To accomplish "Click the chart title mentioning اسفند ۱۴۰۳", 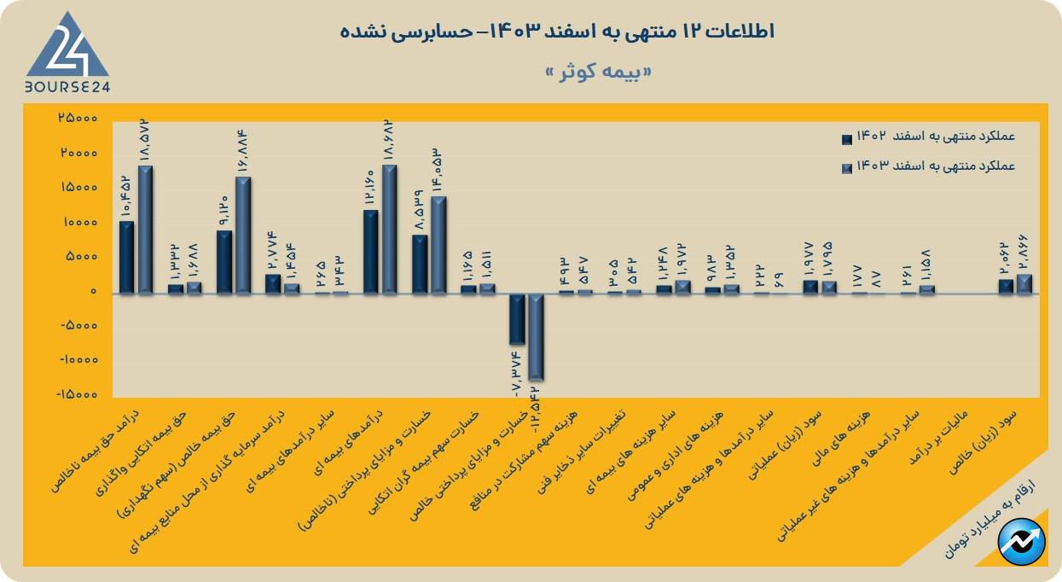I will pyautogui.click(x=557, y=32).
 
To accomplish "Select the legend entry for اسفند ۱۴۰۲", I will pyautogui.click(x=929, y=137).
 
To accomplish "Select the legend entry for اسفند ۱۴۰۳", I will pyautogui.click(x=929, y=166).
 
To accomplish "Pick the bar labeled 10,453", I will pyautogui.click(x=126, y=258).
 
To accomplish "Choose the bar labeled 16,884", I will pyautogui.click(x=243, y=236).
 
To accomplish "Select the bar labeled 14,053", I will pyautogui.click(x=438, y=245).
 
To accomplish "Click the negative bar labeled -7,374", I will pyautogui.click(x=516, y=318).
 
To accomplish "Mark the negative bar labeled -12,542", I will pyautogui.click(x=536, y=336).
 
